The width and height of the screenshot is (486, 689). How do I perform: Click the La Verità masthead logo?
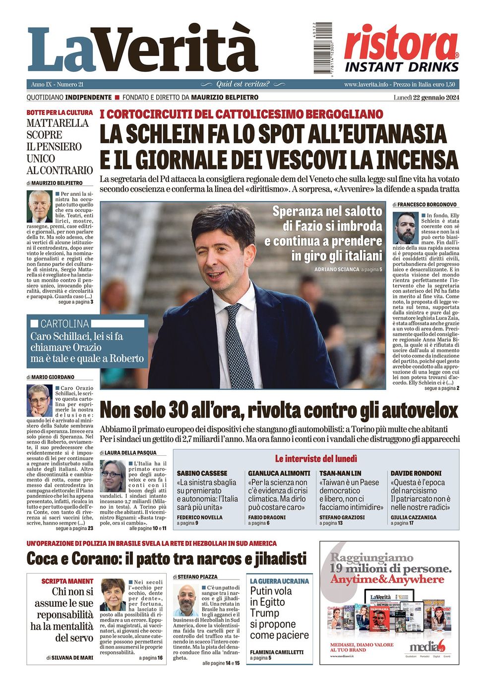click(x=143, y=50)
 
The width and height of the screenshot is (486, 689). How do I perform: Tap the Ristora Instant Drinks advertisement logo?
click(x=401, y=49)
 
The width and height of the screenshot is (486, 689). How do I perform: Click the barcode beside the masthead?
click(x=323, y=48)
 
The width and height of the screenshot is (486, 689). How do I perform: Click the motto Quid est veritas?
click(x=243, y=84)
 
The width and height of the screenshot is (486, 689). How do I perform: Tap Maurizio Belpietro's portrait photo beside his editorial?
click(x=40, y=207)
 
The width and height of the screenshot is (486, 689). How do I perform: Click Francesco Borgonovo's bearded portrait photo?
click(x=406, y=228)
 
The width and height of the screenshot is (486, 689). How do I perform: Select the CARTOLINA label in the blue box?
click(x=64, y=324)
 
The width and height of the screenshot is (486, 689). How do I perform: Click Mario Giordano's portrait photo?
click(x=40, y=400)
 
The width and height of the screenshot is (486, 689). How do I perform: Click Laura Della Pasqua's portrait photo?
click(x=113, y=476)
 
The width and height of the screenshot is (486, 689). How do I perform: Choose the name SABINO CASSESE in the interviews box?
click(x=202, y=474)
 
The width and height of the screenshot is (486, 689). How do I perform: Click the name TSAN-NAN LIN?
click(x=340, y=474)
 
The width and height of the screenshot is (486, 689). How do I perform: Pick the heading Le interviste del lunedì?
click(x=316, y=459)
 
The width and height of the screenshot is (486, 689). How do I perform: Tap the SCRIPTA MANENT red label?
click(x=67, y=581)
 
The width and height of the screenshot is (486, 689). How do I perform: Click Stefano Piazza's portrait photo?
click(x=186, y=600)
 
